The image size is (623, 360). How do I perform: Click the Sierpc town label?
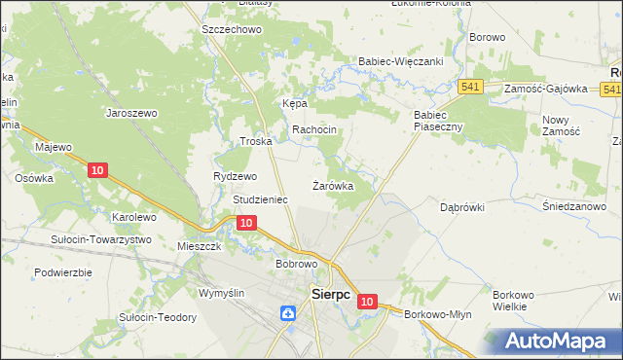329,293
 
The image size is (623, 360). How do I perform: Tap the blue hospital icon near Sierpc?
288,313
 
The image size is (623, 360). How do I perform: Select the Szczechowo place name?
233,30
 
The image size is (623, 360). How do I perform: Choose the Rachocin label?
314,129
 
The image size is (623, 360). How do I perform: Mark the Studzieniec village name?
260,199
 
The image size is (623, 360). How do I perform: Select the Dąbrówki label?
461,207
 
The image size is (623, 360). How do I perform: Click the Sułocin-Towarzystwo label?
101,239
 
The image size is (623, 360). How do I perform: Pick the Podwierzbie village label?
62,272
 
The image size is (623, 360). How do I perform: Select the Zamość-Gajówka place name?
545,89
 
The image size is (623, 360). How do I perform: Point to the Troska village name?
255,141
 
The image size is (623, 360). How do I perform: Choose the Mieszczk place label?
201,247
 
